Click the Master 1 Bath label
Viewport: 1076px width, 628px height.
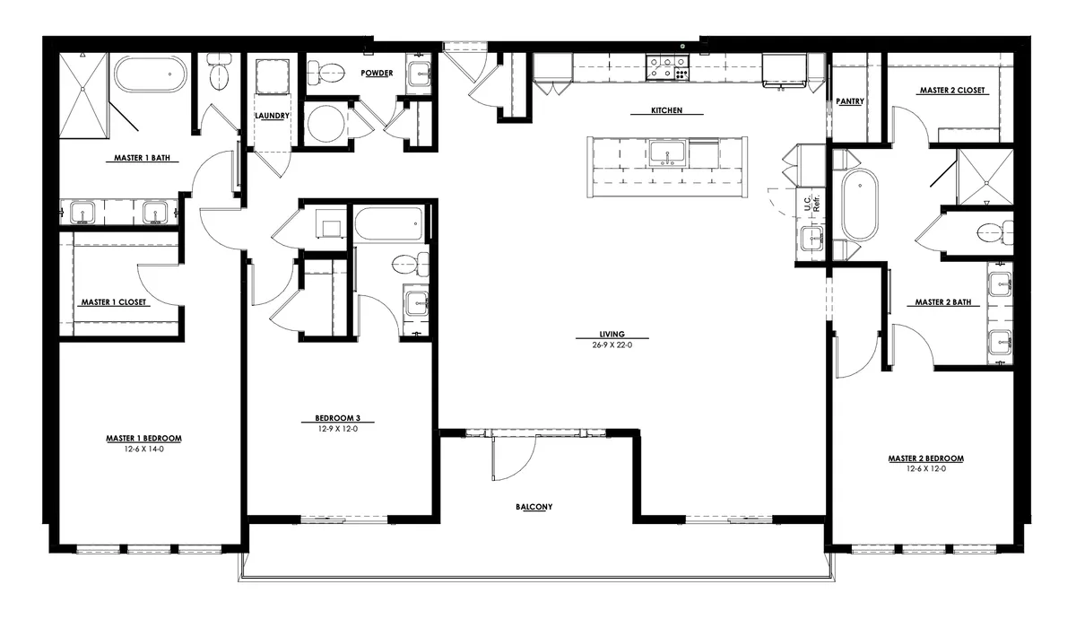(x=143, y=159)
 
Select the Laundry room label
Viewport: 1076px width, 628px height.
(x=272, y=116)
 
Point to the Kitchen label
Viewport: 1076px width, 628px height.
(x=667, y=111)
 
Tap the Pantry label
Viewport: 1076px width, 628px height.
(x=849, y=101)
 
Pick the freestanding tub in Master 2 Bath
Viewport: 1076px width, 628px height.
(x=860, y=205)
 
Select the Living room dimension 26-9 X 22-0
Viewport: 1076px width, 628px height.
(x=613, y=345)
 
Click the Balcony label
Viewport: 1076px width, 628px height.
(x=534, y=507)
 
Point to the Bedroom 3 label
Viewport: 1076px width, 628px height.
(x=337, y=419)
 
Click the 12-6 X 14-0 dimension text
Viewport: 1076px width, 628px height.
(x=144, y=449)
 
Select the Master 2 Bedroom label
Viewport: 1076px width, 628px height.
(x=925, y=458)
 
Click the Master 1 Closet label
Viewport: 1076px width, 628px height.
(x=114, y=302)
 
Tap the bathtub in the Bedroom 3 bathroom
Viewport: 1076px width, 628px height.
(x=388, y=223)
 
